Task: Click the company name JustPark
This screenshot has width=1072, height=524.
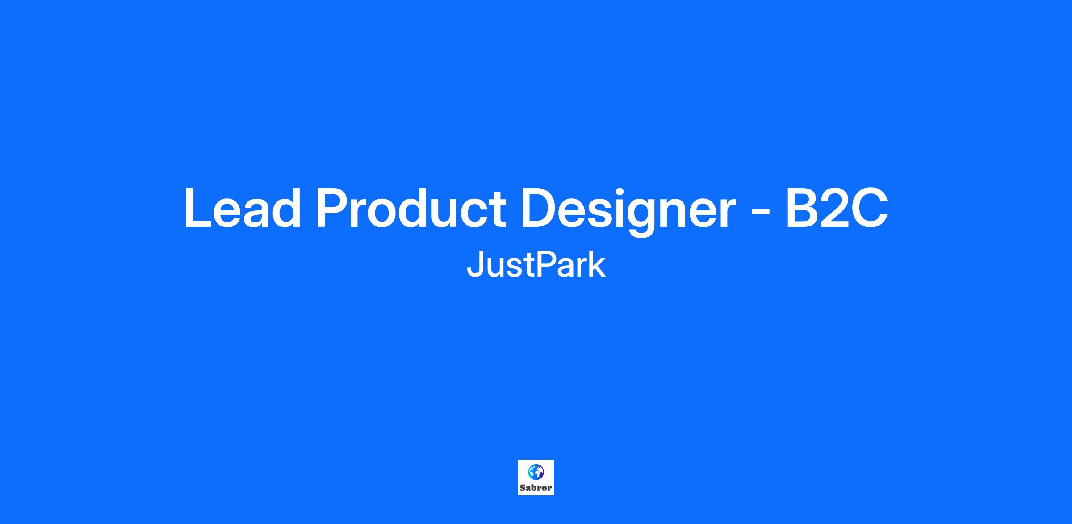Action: (x=536, y=264)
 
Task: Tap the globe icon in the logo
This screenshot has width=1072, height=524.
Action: (x=536, y=471)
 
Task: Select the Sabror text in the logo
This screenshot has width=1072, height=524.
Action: (x=536, y=488)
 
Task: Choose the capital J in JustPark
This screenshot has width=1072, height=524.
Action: (x=474, y=265)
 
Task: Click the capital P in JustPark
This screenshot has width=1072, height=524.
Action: (x=545, y=264)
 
